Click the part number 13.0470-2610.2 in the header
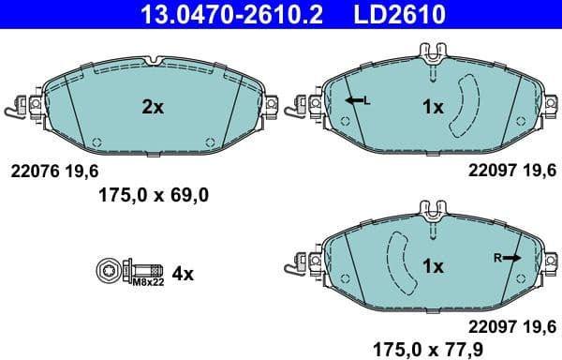coord(215,15)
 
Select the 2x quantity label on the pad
coord(152,107)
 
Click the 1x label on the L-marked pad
coord(432,107)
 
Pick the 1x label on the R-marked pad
coord(432,265)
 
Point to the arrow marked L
coord(355,100)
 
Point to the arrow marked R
coord(510,256)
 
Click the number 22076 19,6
coord(53,171)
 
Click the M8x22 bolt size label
coord(146,281)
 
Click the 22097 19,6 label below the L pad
coord(512,171)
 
